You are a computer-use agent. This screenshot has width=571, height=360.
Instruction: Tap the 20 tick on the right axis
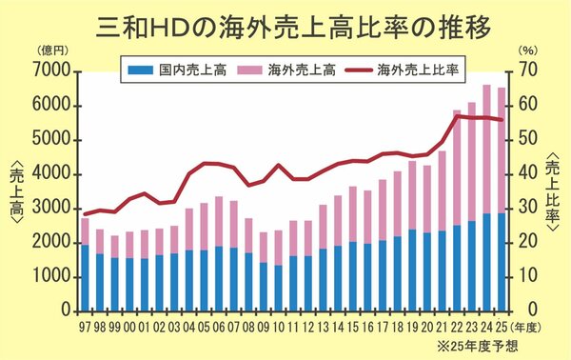(x=527, y=243)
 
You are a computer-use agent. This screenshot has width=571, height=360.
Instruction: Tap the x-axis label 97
(x=85, y=324)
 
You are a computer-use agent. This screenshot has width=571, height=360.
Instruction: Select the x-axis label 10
(x=278, y=324)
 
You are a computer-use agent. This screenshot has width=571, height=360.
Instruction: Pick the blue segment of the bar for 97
(x=85, y=277)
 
